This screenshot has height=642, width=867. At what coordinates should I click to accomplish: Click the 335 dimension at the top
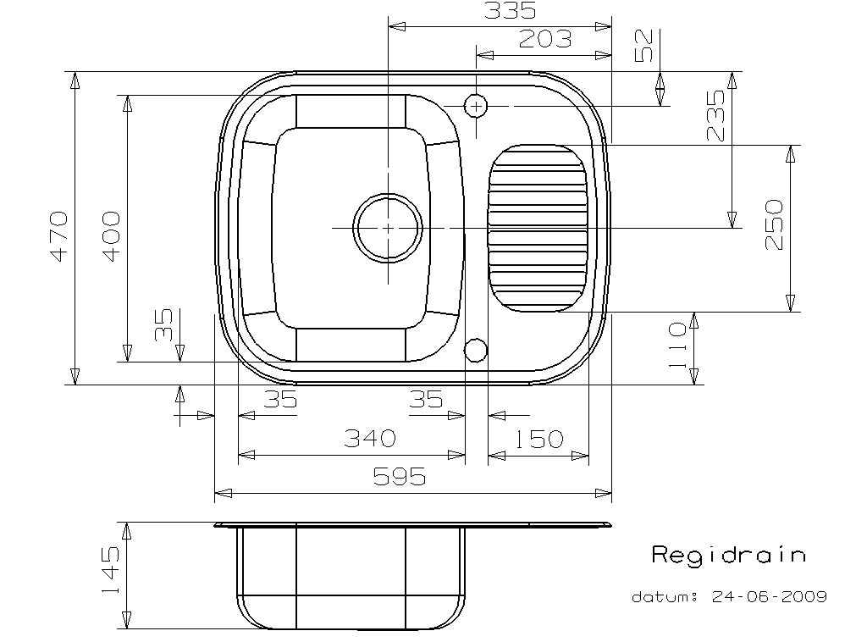click(x=510, y=10)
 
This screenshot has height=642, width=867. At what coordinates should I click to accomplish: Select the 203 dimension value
click(x=545, y=39)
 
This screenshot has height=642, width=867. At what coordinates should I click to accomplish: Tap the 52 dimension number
click(x=644, y=46)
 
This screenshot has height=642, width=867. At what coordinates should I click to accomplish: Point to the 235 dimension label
click(x=715, y=115)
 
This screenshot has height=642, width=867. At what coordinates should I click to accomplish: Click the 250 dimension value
click(x=774, y=224)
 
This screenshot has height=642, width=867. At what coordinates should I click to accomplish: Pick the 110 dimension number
click(x=677, y=346)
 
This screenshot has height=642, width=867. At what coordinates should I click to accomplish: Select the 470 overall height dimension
click(x=58, y=235)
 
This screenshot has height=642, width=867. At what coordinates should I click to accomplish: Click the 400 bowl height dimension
click(x=111, y=235)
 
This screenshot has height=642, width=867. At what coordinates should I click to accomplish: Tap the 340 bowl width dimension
click(x=370, y=439)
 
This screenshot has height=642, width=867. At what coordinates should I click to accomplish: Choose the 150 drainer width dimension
click(x=538, y=440)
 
